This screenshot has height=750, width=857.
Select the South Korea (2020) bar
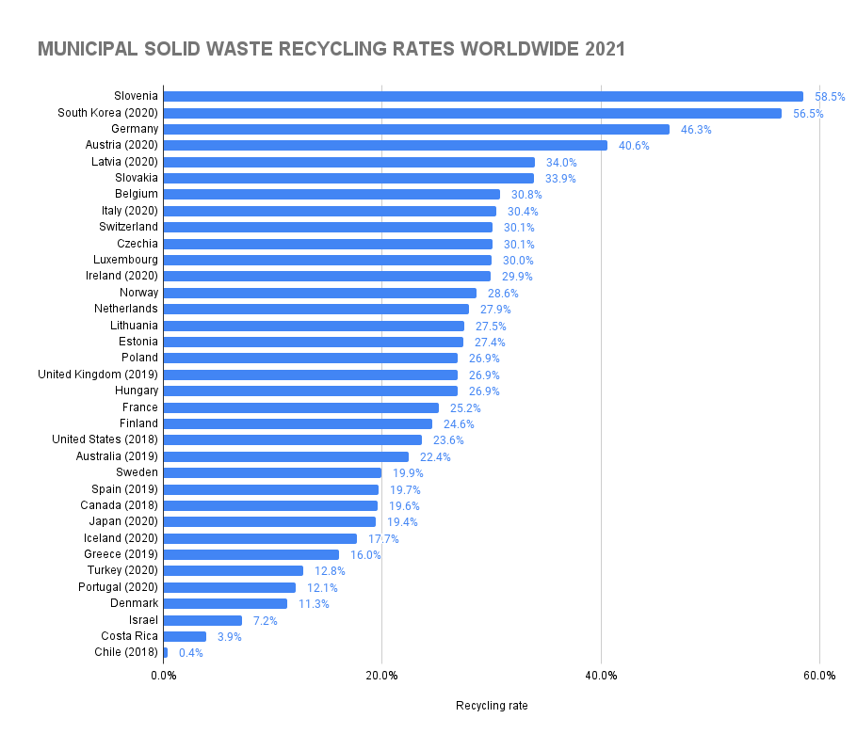pyautogui.click(x=472, y=113)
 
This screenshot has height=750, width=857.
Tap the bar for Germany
pyautogui.click(x=416, y=129)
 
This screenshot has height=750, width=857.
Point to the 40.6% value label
pyautogui.click(x=634, y=146)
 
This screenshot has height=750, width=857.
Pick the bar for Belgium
pyautogui.click(x=331, y=194)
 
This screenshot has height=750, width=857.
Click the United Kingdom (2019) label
pyautogui.click(x=97, y=375)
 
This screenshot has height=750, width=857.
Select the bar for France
pyautogui.click(x=301, y=407)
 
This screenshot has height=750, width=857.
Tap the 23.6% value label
pyautogui.click(x=448, y=440)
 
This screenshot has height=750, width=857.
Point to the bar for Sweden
pyautogui.click(x=272, y=472)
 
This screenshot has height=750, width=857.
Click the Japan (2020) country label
pyautogui.click(x=123, y=521)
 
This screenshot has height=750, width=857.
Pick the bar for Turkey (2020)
pyautogui.click(x=234, y=570)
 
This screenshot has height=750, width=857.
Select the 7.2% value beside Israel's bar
pyautogui.click(x=266, y=620)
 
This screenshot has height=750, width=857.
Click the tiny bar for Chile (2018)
pyautogui.click(x=166, y=652)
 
